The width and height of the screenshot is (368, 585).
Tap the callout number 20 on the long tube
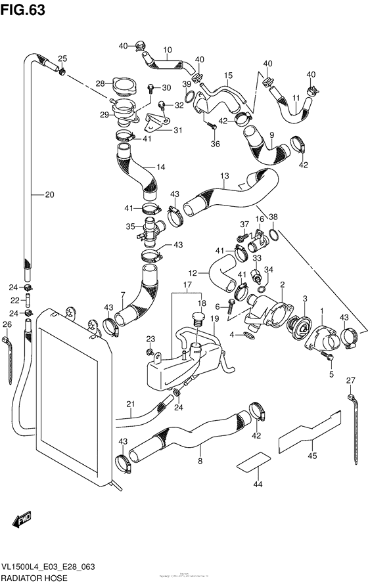click(50, 194)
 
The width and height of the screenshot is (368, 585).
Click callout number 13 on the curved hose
click(225, 176)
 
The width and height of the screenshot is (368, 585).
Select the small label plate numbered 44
click(253, 462)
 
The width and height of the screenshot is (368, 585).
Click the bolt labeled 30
click(150, 87)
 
